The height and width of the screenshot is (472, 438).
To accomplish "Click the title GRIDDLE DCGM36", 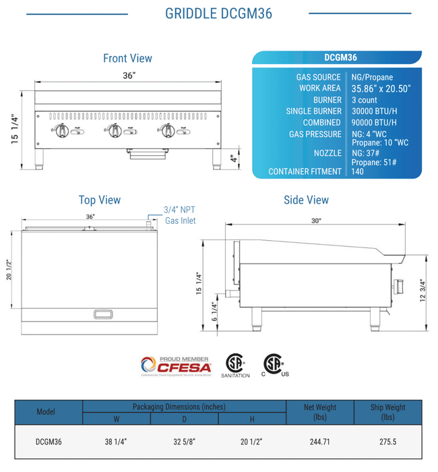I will [x=218, y=13].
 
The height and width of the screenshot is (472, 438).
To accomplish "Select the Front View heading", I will [x=127, y=59].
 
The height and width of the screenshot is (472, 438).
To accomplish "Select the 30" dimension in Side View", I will [x=316, y=220].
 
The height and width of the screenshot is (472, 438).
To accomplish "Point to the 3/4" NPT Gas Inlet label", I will [x=179, y=215].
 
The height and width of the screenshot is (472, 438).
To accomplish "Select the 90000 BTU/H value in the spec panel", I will [x=374, y=123].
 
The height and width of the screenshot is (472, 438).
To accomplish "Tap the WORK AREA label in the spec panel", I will [x=320, y=88].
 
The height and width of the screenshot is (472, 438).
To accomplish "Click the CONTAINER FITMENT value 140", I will [x=358, y=171].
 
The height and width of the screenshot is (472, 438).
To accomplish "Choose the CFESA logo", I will [x=176, y=366].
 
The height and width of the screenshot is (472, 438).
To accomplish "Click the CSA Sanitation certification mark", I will [x=234, y=365].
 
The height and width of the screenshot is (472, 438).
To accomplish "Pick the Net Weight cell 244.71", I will [x=320, y=442].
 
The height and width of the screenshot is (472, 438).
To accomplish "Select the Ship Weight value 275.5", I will [x=387, y=442].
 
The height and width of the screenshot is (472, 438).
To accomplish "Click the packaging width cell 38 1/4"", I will [x=116, y=442].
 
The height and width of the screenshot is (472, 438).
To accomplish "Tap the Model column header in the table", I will [x=46, y=411].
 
